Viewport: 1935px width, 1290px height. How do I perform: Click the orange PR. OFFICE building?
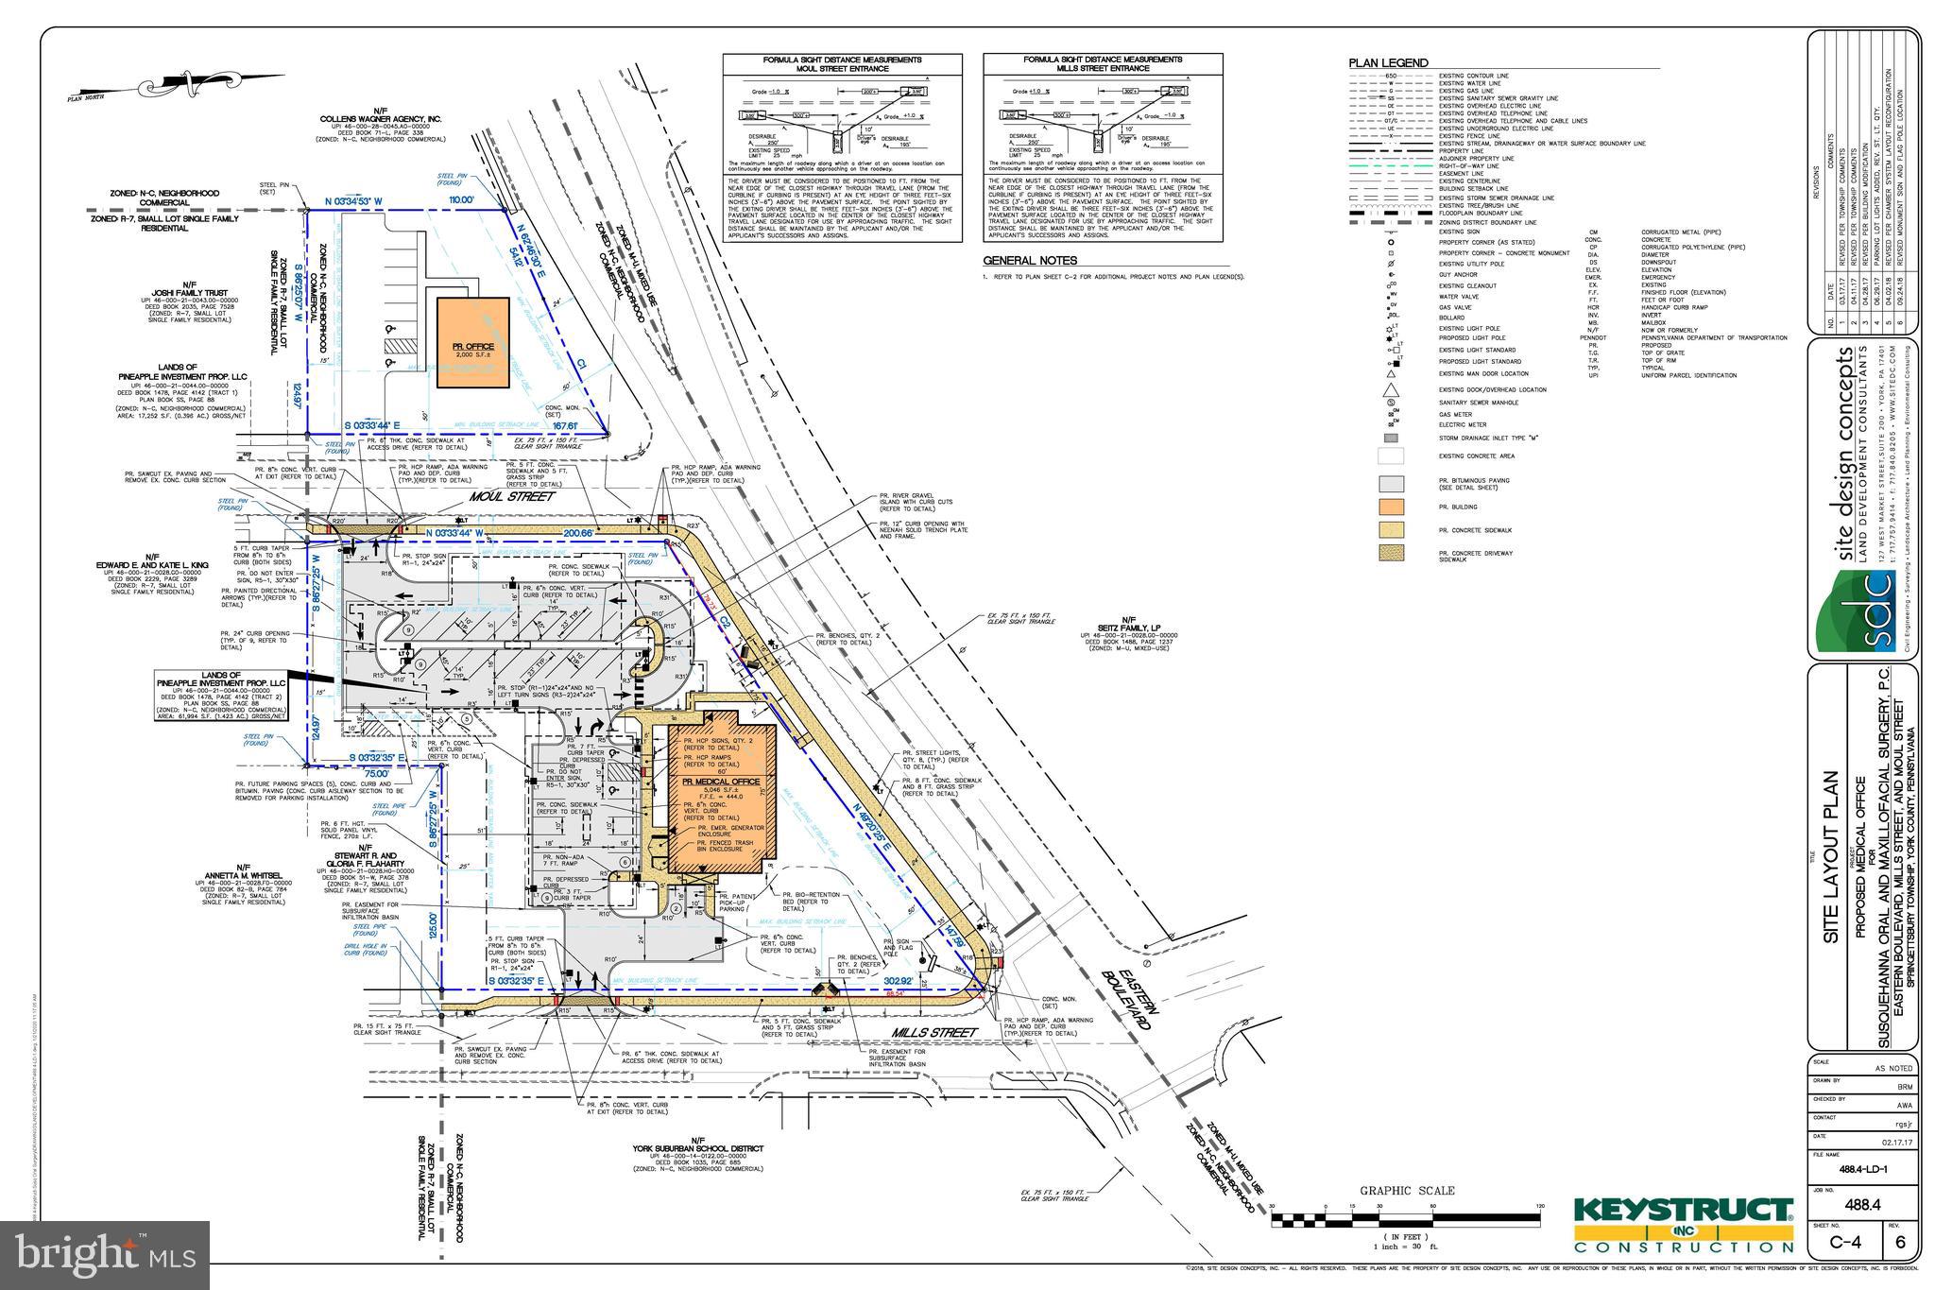pyautogui.click(x=472, y=342)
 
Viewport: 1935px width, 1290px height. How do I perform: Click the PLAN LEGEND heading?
pyautogui.click(x=1388, y=63)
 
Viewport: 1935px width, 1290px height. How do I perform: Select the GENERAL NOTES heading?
pyautogui.click(x=1030, y=261)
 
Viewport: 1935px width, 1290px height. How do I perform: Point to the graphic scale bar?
pyautogui.click(x=1407, y=1220)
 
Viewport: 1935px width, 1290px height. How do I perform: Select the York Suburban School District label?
pyautogui.click(x=698, y=1149)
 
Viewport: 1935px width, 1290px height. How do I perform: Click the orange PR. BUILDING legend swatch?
pyautogui.click(x=1391, y=507)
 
